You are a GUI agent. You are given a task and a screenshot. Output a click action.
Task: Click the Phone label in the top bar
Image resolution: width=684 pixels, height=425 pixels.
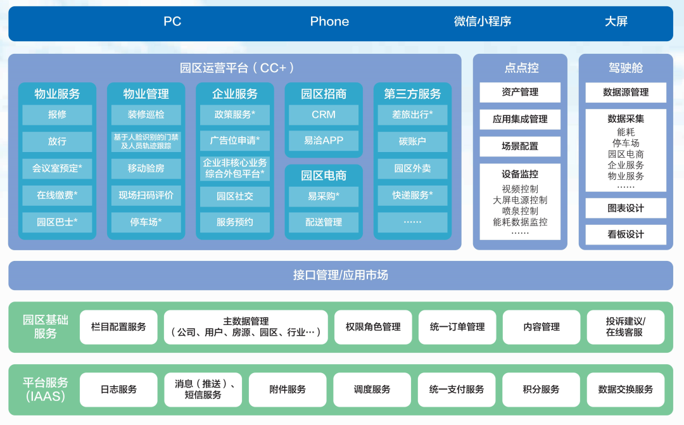[329, 22]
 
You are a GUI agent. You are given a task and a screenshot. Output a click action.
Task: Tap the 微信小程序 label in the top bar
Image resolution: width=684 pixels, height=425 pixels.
[482, 22]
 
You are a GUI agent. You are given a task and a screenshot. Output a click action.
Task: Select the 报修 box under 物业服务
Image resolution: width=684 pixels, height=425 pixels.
[57, 115]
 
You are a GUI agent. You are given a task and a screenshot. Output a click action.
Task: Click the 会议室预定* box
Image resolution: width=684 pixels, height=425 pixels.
[57, 168]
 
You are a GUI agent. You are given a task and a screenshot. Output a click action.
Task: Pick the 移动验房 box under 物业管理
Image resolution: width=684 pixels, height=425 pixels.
[146, 168]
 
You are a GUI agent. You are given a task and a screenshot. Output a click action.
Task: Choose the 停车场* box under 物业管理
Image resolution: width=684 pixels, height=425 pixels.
[146, 222]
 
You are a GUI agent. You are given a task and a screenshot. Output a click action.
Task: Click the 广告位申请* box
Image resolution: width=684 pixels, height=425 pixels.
[235, 141]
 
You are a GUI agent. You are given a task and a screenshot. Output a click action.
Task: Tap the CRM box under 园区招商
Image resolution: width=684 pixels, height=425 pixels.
[324, 115]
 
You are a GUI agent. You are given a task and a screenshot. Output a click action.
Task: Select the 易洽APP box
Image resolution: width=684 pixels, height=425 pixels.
[324, 141]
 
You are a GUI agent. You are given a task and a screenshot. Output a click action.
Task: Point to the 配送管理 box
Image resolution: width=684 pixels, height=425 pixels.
[324, 222]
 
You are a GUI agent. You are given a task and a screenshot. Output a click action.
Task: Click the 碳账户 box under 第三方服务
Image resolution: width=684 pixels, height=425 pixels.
[412, 141]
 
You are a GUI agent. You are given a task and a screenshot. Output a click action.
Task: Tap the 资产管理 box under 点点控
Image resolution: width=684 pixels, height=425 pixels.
[520, 92]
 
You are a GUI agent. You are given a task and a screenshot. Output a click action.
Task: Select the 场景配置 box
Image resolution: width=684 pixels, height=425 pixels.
[520, 146]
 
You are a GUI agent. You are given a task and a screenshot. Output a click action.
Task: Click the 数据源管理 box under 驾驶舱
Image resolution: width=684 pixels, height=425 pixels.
[626, 92]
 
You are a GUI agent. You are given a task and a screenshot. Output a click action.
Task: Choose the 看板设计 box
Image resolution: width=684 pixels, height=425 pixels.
[626, 234]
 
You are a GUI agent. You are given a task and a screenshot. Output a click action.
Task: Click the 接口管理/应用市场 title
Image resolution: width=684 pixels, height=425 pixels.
[341, 276]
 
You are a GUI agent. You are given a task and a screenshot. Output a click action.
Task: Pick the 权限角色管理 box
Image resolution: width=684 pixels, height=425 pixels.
[373, 327]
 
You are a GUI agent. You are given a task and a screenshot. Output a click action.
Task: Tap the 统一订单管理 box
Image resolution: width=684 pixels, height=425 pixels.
[457, 327]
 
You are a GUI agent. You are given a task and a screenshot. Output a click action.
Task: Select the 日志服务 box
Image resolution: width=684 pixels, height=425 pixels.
[118, 390]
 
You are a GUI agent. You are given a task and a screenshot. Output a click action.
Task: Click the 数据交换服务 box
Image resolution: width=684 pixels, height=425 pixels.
[626, 390]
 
